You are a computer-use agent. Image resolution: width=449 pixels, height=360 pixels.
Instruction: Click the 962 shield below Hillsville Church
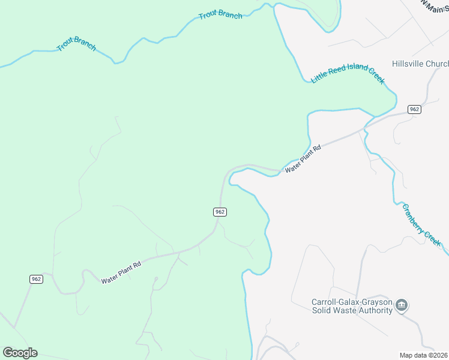point(414,109)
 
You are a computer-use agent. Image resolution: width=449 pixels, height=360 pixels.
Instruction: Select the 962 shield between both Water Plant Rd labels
point(220,212)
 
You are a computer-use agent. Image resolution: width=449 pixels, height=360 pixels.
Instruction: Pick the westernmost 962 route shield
point(36,279)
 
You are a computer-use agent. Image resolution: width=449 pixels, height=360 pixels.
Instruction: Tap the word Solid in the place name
point(322,310)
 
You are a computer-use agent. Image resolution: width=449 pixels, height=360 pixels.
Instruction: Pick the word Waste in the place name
point(345,310)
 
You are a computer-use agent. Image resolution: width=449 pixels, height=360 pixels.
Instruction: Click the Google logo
point(20,353)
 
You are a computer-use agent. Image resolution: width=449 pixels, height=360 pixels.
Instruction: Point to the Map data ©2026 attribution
point(423,355)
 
